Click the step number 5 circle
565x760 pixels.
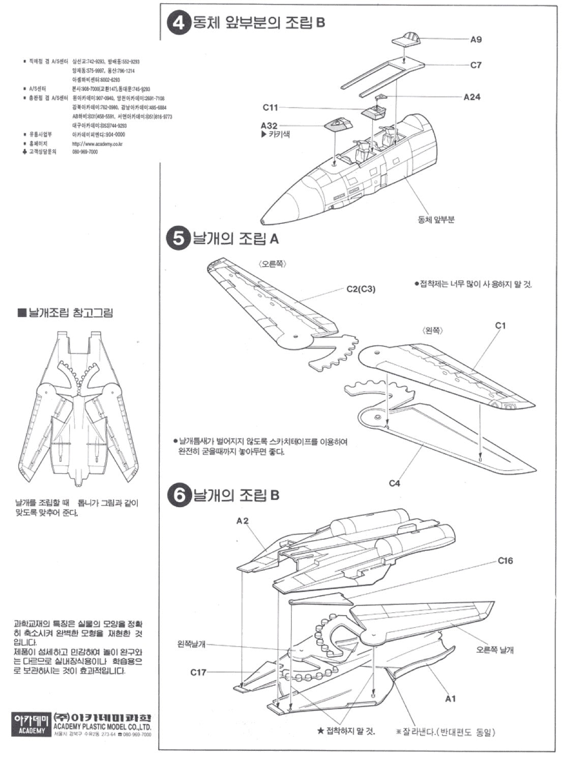click(x=179, y=239)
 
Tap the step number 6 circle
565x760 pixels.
click(x=179, y=495)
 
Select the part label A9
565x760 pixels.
click(x=476, y=39)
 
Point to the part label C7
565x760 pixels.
click(x=476, y=65)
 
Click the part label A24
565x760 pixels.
click(x=472, y=97)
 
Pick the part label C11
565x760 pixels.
click(x=270, y=107)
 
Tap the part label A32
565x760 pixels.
click(x=269, y=126)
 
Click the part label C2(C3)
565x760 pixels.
click(x=361, y=289)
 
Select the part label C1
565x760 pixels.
click(x=500, y=326)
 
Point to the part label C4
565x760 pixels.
click(x=395, y=483)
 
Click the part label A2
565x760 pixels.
click(x=243, y=520)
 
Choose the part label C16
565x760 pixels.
click(x=505, y=561)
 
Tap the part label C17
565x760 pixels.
click(x=198, y=672)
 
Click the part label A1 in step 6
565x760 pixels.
click(x=451, y=698)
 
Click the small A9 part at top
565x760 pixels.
click(x=407, y=38)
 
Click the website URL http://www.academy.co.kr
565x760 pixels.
click(x=98, y=144)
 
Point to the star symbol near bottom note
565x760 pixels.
click(x=320, y=731)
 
